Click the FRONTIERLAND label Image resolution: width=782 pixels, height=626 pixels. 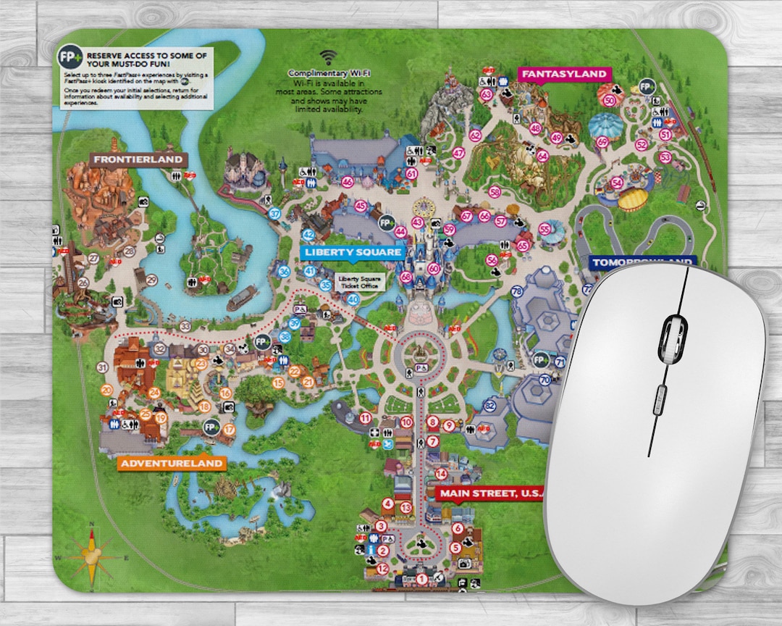[137, 159]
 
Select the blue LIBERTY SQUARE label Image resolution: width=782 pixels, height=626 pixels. [353, 252]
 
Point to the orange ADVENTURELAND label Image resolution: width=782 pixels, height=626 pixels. [172, 463]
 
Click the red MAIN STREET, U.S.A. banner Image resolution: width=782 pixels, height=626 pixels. [490, 493]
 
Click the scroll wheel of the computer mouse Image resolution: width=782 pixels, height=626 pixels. [673, 338]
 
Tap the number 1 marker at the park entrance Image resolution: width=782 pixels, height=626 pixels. [421, 578]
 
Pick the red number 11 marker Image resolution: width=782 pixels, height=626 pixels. [366, 417]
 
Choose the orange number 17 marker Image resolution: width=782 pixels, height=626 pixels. [230, 429]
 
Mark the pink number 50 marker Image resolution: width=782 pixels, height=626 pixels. [609, 101]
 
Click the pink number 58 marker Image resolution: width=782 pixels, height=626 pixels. [495, 192]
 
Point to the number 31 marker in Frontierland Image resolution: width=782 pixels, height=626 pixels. [102, 367]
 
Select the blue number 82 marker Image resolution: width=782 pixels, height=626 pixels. [491, 406]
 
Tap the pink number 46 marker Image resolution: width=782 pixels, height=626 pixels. [348, 182]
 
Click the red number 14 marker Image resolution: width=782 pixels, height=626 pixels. [441, 474]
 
